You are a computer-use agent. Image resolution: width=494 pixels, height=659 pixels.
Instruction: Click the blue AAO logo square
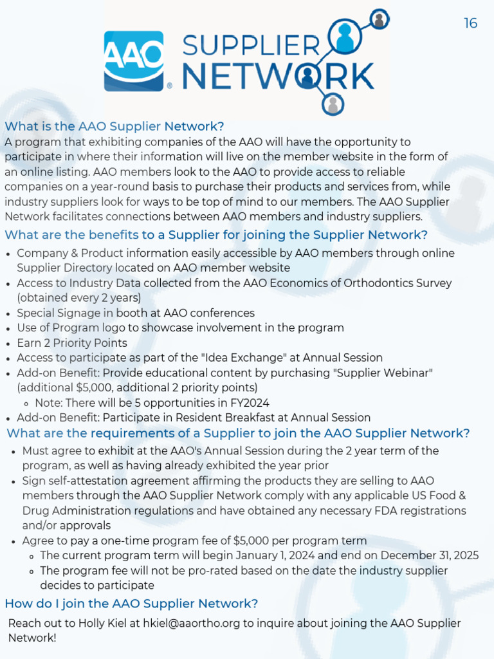point(134,61)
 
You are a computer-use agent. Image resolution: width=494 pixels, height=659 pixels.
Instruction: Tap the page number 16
point(470,24)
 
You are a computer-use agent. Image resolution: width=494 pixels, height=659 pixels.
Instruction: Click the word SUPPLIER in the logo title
point(252,47)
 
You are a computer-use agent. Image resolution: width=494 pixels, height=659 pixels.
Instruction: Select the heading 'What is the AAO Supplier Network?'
point(114,125)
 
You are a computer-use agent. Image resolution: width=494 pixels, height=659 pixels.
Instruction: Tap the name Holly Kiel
point(103,623)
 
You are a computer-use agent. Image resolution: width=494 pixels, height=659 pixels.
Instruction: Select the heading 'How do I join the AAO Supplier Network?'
point(131,604)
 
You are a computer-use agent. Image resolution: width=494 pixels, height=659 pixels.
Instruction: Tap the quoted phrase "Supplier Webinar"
point(390,373)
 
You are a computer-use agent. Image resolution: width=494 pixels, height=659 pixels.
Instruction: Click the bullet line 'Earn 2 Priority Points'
point(72,343)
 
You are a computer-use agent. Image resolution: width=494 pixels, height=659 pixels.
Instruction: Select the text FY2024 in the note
point(246,403)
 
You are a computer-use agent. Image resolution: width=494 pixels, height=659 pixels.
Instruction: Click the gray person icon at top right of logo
point(380,20)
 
